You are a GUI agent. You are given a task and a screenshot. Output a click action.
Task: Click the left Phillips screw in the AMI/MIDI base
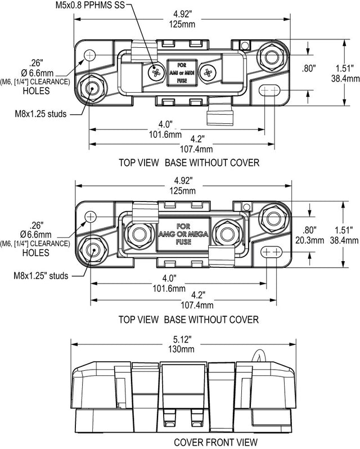point(152,73)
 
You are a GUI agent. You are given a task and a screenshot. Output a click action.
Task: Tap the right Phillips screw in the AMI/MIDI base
point(209,73)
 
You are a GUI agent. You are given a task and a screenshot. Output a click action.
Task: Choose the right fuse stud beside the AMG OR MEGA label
point(227,232)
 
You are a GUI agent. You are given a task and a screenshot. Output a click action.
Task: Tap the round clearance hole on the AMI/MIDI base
point(91,55)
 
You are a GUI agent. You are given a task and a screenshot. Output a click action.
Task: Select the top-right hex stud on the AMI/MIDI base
point(271,57)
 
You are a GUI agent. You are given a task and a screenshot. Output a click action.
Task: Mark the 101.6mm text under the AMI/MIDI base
point(164,134)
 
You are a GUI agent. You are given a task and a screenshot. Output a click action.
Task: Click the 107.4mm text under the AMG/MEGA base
point(197,305)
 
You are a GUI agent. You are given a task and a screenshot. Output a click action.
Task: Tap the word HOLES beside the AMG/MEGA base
point(37,253)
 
